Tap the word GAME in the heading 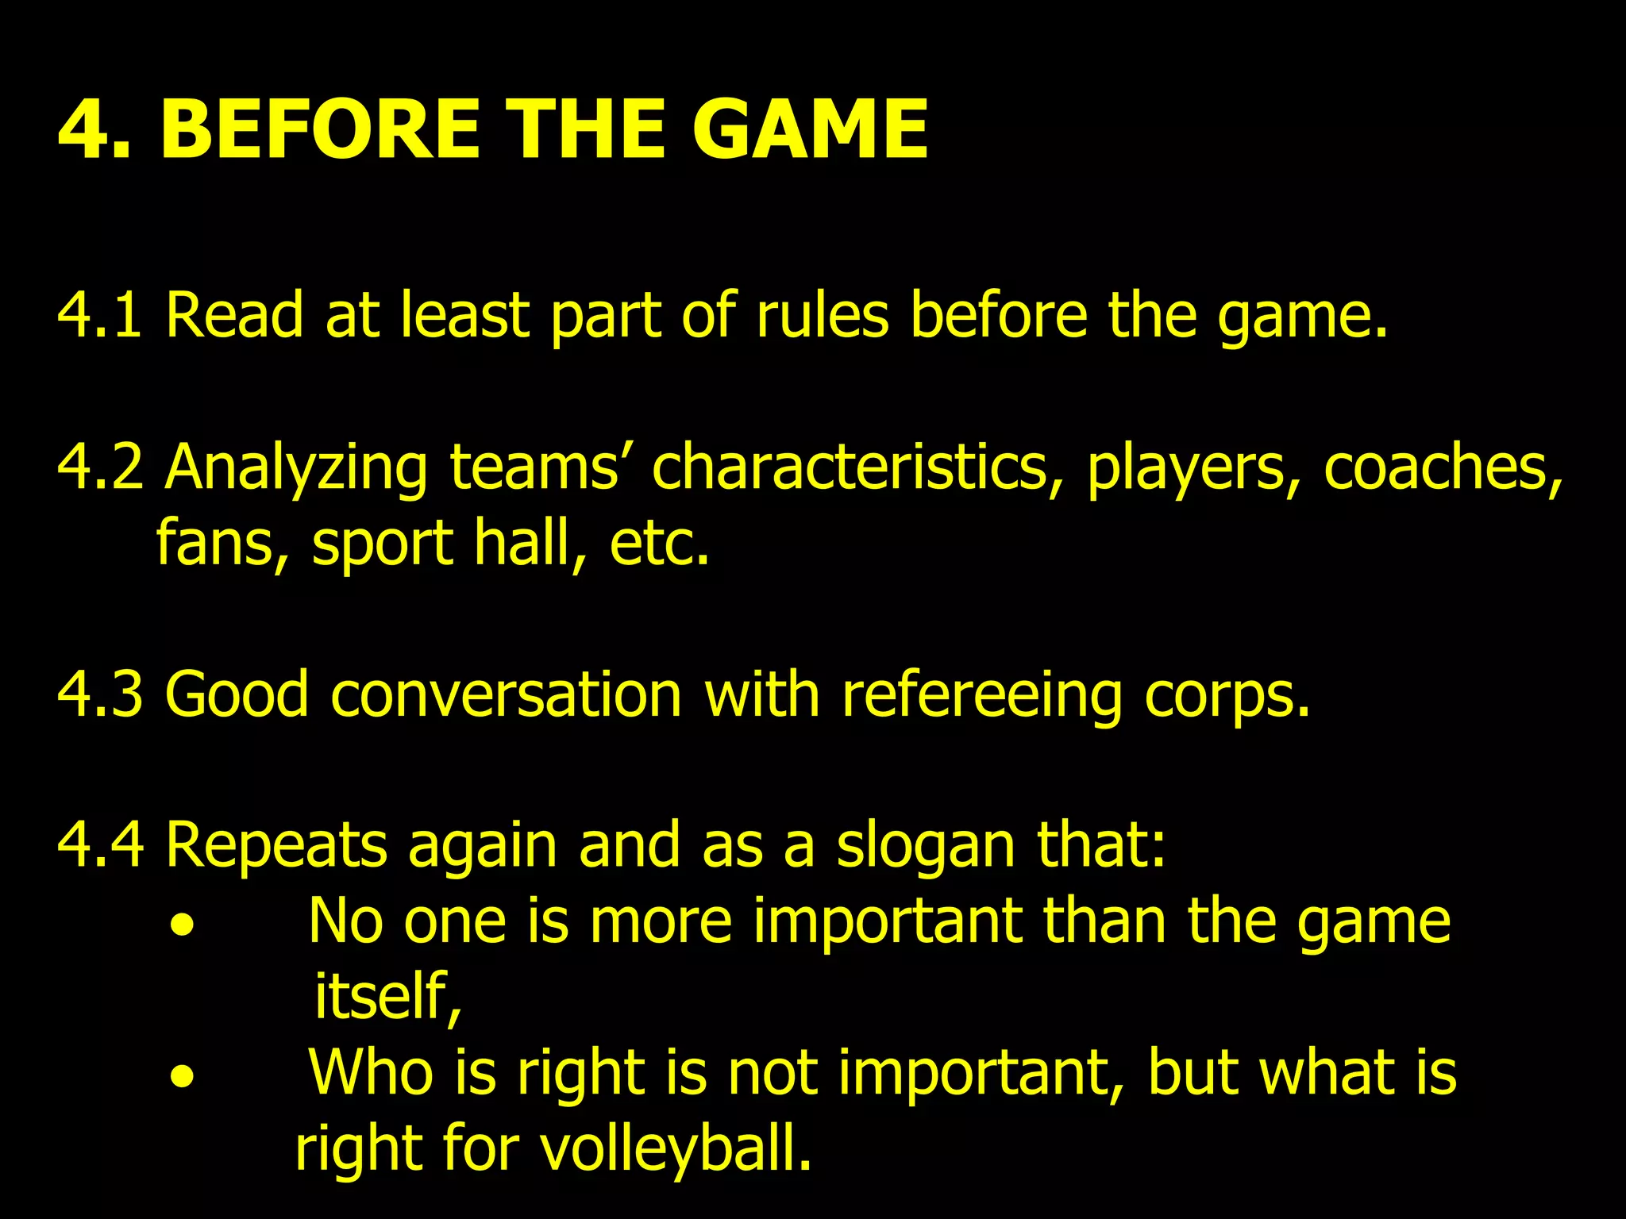point(809,129)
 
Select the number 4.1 point(99,315)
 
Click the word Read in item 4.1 point(234,315)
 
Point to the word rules point(822,315)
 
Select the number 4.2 point(99,467)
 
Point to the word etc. point(659,543)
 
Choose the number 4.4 point(99,845)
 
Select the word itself point(387,996)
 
